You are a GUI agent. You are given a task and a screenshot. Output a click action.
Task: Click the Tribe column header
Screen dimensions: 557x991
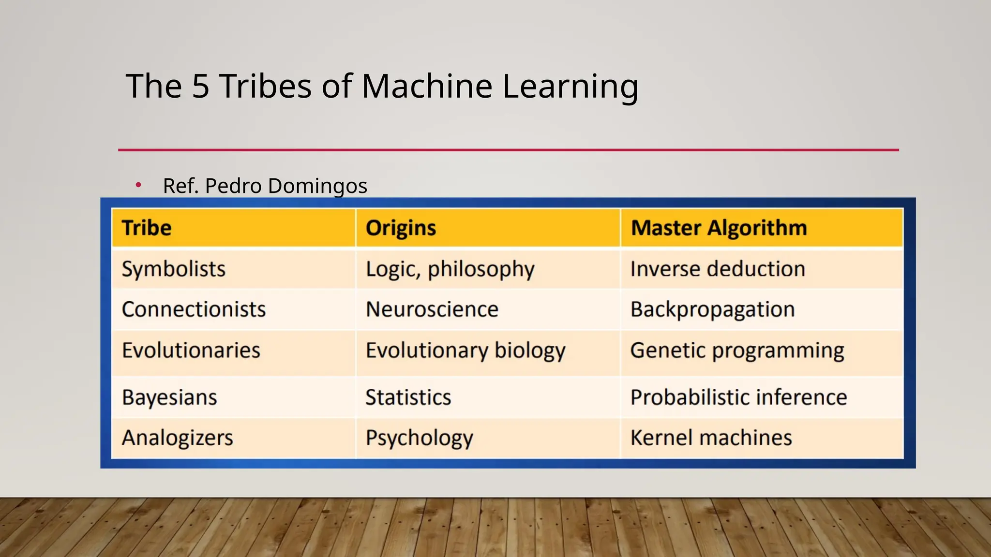tap(147, 228)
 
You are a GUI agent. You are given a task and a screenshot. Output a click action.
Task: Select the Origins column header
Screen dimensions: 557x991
tap(401, 228)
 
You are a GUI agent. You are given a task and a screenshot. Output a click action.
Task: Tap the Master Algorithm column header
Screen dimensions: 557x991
tap(719, 228)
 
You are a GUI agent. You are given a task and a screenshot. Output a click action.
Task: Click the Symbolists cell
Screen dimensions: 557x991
tap(174, 269)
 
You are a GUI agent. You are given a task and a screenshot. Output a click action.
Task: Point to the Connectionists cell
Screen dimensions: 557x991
tap(194, 309)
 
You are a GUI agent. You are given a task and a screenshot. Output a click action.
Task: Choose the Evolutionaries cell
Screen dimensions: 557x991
tap(191, 351)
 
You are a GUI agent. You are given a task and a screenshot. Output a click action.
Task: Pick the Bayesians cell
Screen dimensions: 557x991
tap(169, 397)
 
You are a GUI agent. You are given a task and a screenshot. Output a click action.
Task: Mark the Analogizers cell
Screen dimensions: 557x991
tap(178, 438)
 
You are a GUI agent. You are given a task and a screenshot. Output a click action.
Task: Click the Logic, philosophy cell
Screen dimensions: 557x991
tap(450, 269)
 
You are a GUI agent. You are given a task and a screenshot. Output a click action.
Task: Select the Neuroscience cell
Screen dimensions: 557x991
tap(432, 309)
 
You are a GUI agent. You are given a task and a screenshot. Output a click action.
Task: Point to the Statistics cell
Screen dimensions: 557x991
tap(408, 397)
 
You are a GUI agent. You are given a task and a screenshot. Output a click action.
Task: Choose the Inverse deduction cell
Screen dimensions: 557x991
tap(718, 269)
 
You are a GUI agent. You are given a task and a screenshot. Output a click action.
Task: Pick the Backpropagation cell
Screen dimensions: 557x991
tap(713, 310)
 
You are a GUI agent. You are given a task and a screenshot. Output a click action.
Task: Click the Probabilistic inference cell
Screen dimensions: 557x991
tap(738, 397)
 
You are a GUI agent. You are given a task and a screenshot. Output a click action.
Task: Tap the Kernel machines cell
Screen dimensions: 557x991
tap(711, 438)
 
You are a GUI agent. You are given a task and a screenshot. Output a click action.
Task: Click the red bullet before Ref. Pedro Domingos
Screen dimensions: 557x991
tap(138, 185)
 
